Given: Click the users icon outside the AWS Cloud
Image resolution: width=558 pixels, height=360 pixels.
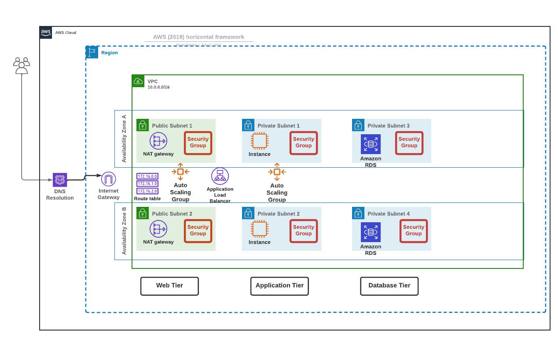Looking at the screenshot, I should pyautogui.click(x=22, y=66).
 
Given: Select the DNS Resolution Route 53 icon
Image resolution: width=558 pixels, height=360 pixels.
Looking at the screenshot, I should pyautogui.click(x=60, y=180).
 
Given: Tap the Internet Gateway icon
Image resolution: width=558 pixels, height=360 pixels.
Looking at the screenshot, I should pyautogui.click(x=108, y=179).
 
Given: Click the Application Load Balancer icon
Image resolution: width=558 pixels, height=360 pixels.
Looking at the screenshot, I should pyautogui.click(x=220, y=176).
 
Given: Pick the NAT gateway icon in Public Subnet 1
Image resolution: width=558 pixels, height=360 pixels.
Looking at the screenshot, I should pyautogui.click(x=158, y=141).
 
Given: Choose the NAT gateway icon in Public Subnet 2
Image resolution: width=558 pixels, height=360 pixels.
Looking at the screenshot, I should pyautogui.click(x=158, y=229).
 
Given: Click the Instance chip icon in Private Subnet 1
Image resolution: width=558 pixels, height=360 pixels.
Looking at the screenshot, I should pyautogui.click(x=260, y=141).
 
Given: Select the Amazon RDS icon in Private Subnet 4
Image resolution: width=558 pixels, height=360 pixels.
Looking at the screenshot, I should pyautogui.click(x=371, y=232).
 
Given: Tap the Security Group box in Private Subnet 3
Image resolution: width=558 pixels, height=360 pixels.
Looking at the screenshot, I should pyautogui.click(x=409, y=143).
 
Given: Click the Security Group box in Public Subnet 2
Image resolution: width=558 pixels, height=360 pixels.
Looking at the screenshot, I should pyautogui.click(x=198, y=231).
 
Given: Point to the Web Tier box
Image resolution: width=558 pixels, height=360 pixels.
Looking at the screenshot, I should pyautogui.click(x=169, y=286).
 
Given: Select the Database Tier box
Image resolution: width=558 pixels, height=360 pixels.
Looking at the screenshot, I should pyautogui.click(x=389, y=286).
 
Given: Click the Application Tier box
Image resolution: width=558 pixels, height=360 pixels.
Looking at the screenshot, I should pyautogui.click(x=279, y=286).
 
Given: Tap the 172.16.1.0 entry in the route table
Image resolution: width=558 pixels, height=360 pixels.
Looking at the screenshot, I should pyautogui.click(x=147, y=184).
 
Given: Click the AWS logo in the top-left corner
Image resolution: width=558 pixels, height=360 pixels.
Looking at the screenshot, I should pyautogui.click(x=46, y=33).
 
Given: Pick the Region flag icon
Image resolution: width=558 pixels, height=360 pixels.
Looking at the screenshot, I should pyautogui.click(x=92, y=52).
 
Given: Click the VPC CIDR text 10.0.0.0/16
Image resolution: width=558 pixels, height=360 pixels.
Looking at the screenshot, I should pyautogui.click(x=158, y=87).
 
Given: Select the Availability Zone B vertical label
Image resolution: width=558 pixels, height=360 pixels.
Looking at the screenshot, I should pyautogui.click(x=124, y=231).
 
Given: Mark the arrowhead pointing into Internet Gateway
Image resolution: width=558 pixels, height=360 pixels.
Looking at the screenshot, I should pyautogui.click(x=99, y=175).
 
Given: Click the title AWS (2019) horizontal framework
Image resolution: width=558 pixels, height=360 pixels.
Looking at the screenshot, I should pyautogui.click(x=198, y=37).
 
